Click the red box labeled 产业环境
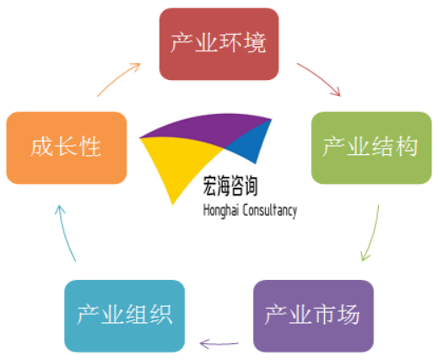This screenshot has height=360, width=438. [x=219, y=44]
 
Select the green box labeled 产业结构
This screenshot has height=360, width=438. [x=371, y=148]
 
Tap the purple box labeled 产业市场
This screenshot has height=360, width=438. [x=313, y=315]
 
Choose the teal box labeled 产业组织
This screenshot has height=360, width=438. [x=124, y=315]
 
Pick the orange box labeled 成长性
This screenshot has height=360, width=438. [x=67, y=148]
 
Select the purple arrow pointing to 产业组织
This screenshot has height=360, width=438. [x=219, y=344]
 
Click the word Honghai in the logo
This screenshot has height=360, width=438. [x=221, y=211]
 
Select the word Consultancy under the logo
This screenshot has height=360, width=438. [x=270, y=211]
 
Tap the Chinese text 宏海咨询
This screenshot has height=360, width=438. [x=230, y=185]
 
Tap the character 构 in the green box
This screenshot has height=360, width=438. [x=406, y=146]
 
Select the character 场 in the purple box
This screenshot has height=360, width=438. [x=349, y=314]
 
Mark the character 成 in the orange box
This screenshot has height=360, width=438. [x=42, y=146]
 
